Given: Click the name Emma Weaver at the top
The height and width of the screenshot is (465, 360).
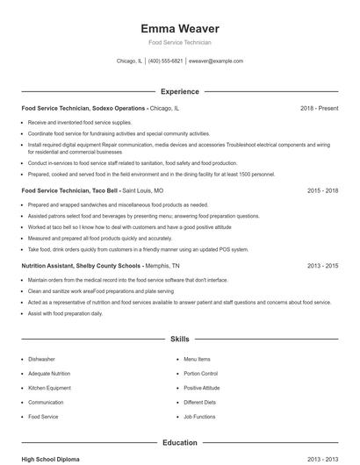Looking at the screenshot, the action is (x=180, y=28).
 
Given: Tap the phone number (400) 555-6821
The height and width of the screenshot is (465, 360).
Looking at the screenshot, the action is (x=165, y=61).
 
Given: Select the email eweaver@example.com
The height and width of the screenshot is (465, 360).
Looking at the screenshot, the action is (x=216, y=61).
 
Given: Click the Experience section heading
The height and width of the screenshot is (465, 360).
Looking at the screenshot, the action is (x=179, y=91).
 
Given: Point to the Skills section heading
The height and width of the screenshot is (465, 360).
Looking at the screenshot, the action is (x=179, y=338).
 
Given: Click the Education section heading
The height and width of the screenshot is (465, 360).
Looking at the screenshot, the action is (x=179, y=443).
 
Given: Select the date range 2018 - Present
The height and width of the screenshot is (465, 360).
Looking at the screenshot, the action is (x=319, y=108).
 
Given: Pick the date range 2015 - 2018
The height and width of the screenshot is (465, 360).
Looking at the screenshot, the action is (x=322, y=190).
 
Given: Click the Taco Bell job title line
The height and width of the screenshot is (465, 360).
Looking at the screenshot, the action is (x=92, y=190).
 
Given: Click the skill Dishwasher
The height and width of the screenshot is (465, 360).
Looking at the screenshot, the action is (x=41, y=359).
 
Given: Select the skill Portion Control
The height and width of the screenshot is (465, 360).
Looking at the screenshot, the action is (x=200, y=374).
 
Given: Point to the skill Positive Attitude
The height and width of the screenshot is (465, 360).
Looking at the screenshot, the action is (x=202, y=388).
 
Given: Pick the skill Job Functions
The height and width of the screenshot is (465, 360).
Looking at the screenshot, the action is (x=199, y=417).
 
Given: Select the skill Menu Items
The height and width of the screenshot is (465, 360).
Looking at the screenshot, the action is (x=197, y=359).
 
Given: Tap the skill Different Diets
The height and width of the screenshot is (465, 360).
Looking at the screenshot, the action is (x=199, y=402).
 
